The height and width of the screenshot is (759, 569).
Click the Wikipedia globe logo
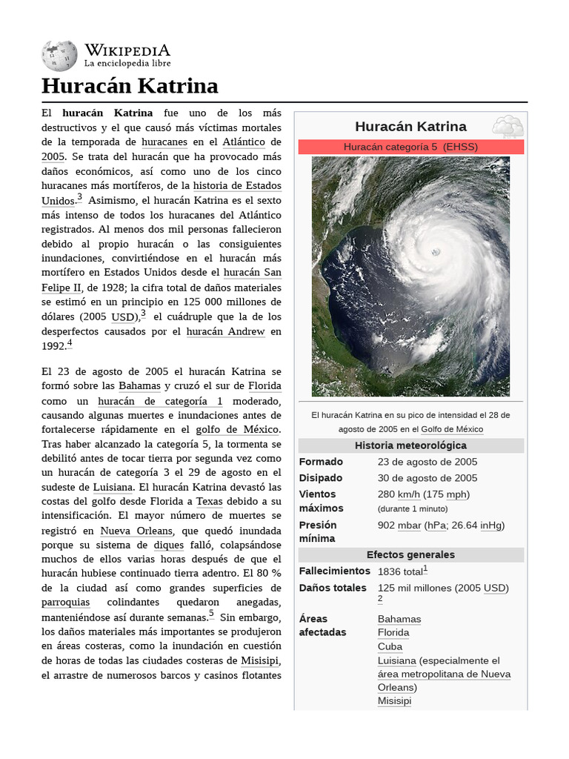60,55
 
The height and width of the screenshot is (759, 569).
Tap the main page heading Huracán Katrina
130,86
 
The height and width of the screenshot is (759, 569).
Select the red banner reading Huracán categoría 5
410,147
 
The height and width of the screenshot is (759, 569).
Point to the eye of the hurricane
436,252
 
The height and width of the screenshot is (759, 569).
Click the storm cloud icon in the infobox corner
508,126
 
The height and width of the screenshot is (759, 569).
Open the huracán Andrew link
225,331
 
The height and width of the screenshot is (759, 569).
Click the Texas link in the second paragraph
209,501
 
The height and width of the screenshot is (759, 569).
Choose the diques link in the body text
168,545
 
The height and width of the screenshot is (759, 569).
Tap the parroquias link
65,602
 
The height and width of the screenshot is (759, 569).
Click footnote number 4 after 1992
70,342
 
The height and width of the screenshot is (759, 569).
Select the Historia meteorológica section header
410,445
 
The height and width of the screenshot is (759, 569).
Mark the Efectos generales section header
410,554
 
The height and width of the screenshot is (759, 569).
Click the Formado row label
321,462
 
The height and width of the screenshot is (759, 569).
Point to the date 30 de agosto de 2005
427,478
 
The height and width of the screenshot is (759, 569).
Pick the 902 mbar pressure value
399,526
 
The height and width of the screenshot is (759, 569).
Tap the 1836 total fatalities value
400,571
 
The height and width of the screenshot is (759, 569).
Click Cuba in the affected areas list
390,646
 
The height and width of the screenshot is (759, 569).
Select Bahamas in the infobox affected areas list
399,619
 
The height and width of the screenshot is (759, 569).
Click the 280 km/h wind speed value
398,494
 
